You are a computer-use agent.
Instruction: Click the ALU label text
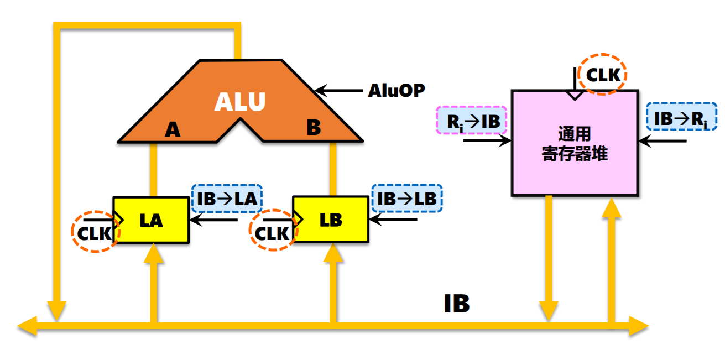point(240,102)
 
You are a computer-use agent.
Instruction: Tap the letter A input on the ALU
point(173,129)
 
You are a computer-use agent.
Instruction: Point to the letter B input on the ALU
point(313,128)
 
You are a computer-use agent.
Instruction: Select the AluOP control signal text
point(396,90)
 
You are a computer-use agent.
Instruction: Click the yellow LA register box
point(151,220)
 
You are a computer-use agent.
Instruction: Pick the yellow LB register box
point(331,220)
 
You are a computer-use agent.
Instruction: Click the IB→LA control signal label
point(227,199)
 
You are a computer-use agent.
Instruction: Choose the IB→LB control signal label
point(408,199)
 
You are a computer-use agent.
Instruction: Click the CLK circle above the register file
point(603,74)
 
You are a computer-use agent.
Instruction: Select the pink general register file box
point(575,143)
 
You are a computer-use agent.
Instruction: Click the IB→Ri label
point(681,117)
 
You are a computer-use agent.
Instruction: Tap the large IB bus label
point(457,304)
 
